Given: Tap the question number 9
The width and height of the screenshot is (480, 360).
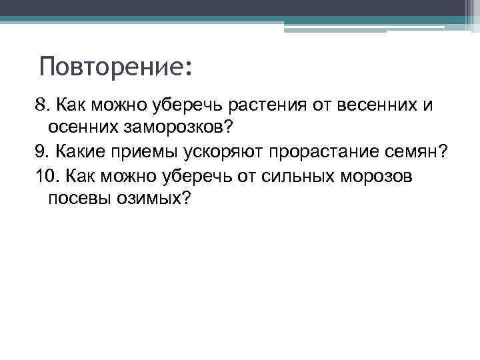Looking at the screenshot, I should click(x=41, y=152).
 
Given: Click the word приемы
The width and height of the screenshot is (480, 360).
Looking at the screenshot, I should click(x=133, y=152).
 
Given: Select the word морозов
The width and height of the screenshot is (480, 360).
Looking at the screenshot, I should click(x=380, y=176).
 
